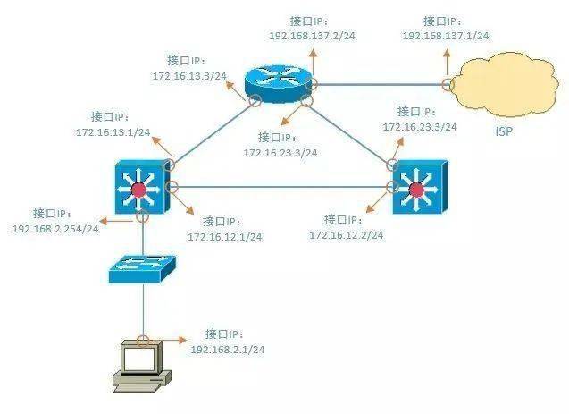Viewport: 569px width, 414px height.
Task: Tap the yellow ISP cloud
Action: [506, 84]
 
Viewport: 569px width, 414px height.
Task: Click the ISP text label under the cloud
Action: [505, 131]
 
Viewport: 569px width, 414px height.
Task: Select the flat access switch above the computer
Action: [142, 268]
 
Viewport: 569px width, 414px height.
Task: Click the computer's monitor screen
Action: [138, 359]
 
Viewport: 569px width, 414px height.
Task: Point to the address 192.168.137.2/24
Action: [313, 36]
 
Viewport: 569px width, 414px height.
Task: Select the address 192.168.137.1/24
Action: [446, 36]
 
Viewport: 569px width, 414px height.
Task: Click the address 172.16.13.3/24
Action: [189, 76]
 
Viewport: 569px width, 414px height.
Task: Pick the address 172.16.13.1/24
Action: [113, 132]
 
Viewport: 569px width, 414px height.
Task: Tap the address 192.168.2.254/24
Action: [55, 229]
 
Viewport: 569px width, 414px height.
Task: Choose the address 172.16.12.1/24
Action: [224, 237]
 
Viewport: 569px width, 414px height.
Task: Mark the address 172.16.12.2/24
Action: [347, 235]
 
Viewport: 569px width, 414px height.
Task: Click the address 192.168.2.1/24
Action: [228, 350]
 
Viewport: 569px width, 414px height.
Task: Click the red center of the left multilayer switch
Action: [138, 190]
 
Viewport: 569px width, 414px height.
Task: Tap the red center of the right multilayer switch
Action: [416, 190]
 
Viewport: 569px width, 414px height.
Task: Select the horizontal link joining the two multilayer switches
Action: [282, 187]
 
